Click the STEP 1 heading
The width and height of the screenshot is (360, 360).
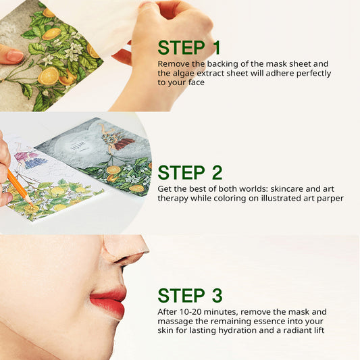tap(189, 47)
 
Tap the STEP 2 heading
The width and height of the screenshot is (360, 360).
tap(190, 172)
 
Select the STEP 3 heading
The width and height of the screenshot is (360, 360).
tap(190, 296)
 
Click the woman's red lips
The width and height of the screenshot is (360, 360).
tap(109, 301)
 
